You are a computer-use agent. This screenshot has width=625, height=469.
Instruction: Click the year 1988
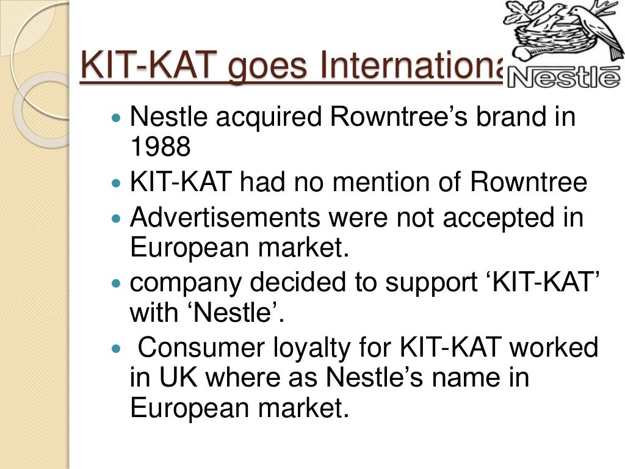pos(161,147)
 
